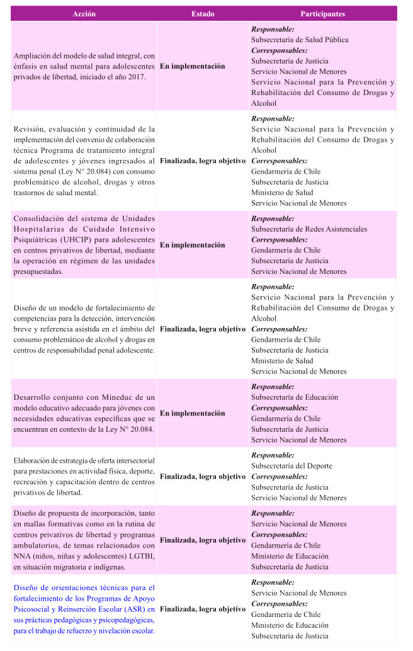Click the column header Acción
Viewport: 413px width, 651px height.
(x=84, y=14)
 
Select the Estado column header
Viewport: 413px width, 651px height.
(x=203, y=14)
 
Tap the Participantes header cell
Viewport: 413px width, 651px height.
(x=322, y=14)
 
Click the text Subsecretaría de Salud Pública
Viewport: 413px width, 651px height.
(x=300, y=40)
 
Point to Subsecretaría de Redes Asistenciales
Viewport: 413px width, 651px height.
(x=309, y=229)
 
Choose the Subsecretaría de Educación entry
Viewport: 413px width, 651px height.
(x=295, y=397)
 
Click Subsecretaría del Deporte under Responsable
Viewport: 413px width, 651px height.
(x=291, y=466)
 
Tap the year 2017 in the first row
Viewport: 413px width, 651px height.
(x=135, y=77)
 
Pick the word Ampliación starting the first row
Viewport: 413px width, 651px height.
(x=36, y=55)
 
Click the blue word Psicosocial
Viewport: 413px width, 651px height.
(x=33, y=609)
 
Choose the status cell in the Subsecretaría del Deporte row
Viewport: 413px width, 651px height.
(x=203, y=477)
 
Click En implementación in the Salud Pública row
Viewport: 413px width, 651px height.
(x=192, y=66)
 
